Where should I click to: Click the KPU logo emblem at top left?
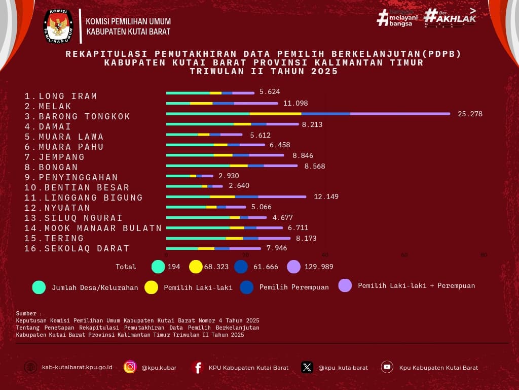(x=58, y=26)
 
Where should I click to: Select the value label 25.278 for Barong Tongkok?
(x=470, y=114)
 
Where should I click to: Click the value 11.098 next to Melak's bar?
(x=295, y=104)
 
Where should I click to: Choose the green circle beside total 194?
(x=158, y=267)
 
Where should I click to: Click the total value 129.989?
(x=319, y=267)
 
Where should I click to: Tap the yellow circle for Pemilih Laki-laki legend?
(x=151, y=287)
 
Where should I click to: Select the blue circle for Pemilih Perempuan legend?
(x=247, y=287)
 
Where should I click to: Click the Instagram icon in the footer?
(x=130, y=367)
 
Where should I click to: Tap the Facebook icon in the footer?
(x=198, y=367)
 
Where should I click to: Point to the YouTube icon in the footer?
(x=387, y=367)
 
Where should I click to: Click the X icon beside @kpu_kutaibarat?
(x=307, y=367)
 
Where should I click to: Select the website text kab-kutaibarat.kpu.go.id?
(x=77, y=368)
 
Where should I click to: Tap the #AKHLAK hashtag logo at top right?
(x=450, y=17)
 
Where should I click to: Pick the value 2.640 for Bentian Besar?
(x=239, y=186)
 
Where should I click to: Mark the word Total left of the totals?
(x=126, y=267)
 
